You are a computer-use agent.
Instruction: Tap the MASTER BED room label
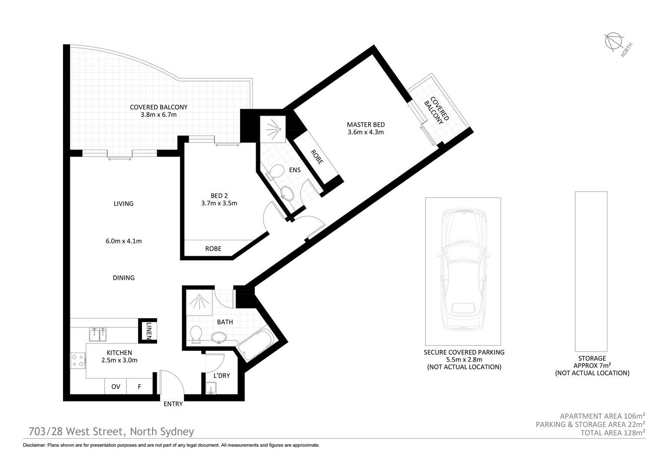click(x=366, y=125)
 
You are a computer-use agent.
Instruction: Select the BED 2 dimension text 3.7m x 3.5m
click(x=219, y=203)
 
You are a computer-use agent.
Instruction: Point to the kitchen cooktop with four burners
click(x=78, y=360)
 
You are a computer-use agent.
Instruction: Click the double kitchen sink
click(x=98, y=334)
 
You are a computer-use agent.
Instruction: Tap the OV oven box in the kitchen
click(x=115, y=386)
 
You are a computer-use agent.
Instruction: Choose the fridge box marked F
click(x=139, y=386)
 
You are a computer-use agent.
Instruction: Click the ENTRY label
click(x=173, y=404)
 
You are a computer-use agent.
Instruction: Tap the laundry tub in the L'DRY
click(x=211, y=388)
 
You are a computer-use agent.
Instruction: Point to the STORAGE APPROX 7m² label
click(x=592, y=362)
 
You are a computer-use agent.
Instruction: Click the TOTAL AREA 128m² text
click(x=613, y=433)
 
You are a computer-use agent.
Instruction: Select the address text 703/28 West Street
click(x=76, y=431)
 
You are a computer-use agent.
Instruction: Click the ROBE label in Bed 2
click(x=213, y=248)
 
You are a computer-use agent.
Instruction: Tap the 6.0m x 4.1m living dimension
click(x=124, y=241)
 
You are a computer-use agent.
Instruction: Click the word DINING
click(x=124, y=277)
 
